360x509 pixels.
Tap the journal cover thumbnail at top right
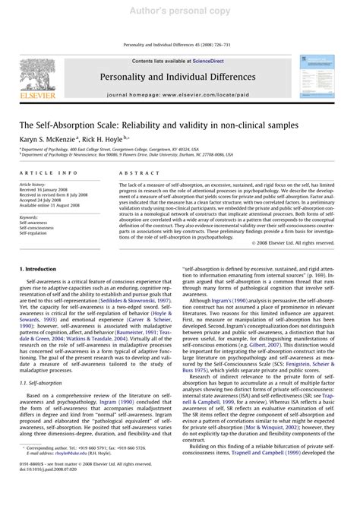coord(318,75)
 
